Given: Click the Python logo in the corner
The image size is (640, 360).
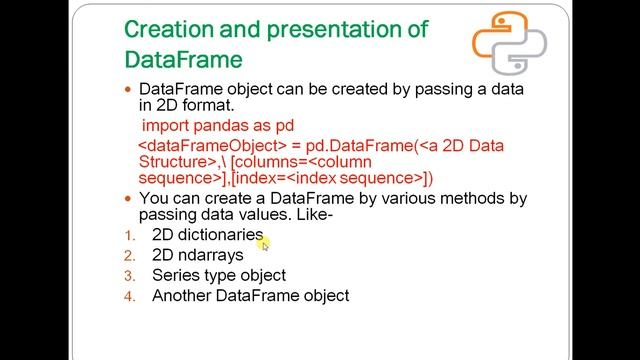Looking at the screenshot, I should (x=509, y=45).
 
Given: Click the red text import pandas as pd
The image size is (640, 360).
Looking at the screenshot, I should (x=217, y=127).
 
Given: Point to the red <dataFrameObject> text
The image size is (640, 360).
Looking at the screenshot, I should (x=203, y=145).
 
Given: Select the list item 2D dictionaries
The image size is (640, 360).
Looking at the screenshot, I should (x=207, y=235).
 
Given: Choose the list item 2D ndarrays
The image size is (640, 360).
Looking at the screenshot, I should (x=197, y=255).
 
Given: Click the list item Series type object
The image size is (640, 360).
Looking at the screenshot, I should (x=218, y=275).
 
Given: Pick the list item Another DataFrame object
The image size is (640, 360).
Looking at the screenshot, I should (x=250, y=295).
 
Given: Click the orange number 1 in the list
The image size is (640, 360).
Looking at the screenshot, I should (x=128, y=236).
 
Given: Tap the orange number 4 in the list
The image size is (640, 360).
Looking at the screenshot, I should (x=128, y=296).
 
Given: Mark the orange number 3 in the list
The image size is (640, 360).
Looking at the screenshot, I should (x=128, y=276).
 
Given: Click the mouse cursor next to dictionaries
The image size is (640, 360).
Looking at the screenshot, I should (x=265, y=243).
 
